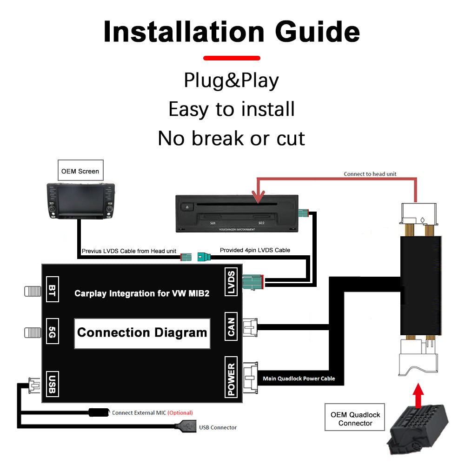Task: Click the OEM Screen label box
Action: (80, 171)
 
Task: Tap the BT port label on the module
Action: (52, 291)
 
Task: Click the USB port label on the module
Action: (52, 384)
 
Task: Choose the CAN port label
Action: (232, 325)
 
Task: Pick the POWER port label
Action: (232, 377)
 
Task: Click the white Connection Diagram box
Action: (142, 333)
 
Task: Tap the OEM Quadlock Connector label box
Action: (355, 419)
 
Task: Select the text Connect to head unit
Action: (370, 174)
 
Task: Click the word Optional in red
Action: (180, 412)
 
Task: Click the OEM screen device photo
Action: (80, 201)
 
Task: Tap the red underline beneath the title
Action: (232, 58)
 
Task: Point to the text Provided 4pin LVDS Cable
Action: (255, 250)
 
